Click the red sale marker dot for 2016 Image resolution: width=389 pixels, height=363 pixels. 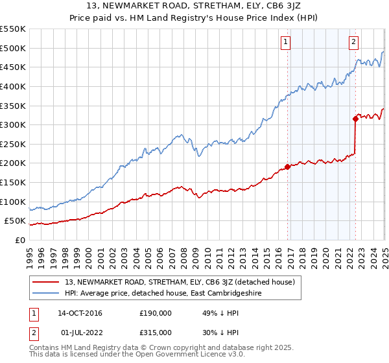point(287,167)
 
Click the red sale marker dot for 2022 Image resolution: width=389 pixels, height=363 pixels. point(355,119)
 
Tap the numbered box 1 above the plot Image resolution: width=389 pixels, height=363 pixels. point(286,43)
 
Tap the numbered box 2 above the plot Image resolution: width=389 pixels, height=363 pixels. point(353,43)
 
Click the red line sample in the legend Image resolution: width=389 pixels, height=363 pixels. point(46,282)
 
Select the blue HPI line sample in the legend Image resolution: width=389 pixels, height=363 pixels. point(46,293)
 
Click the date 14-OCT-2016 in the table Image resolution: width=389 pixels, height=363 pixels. point(80,314)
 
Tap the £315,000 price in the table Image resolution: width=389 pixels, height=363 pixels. point(156,332)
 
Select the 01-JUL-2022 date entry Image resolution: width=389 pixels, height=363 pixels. point(79,332)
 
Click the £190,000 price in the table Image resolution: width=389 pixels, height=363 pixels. point(156,314)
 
